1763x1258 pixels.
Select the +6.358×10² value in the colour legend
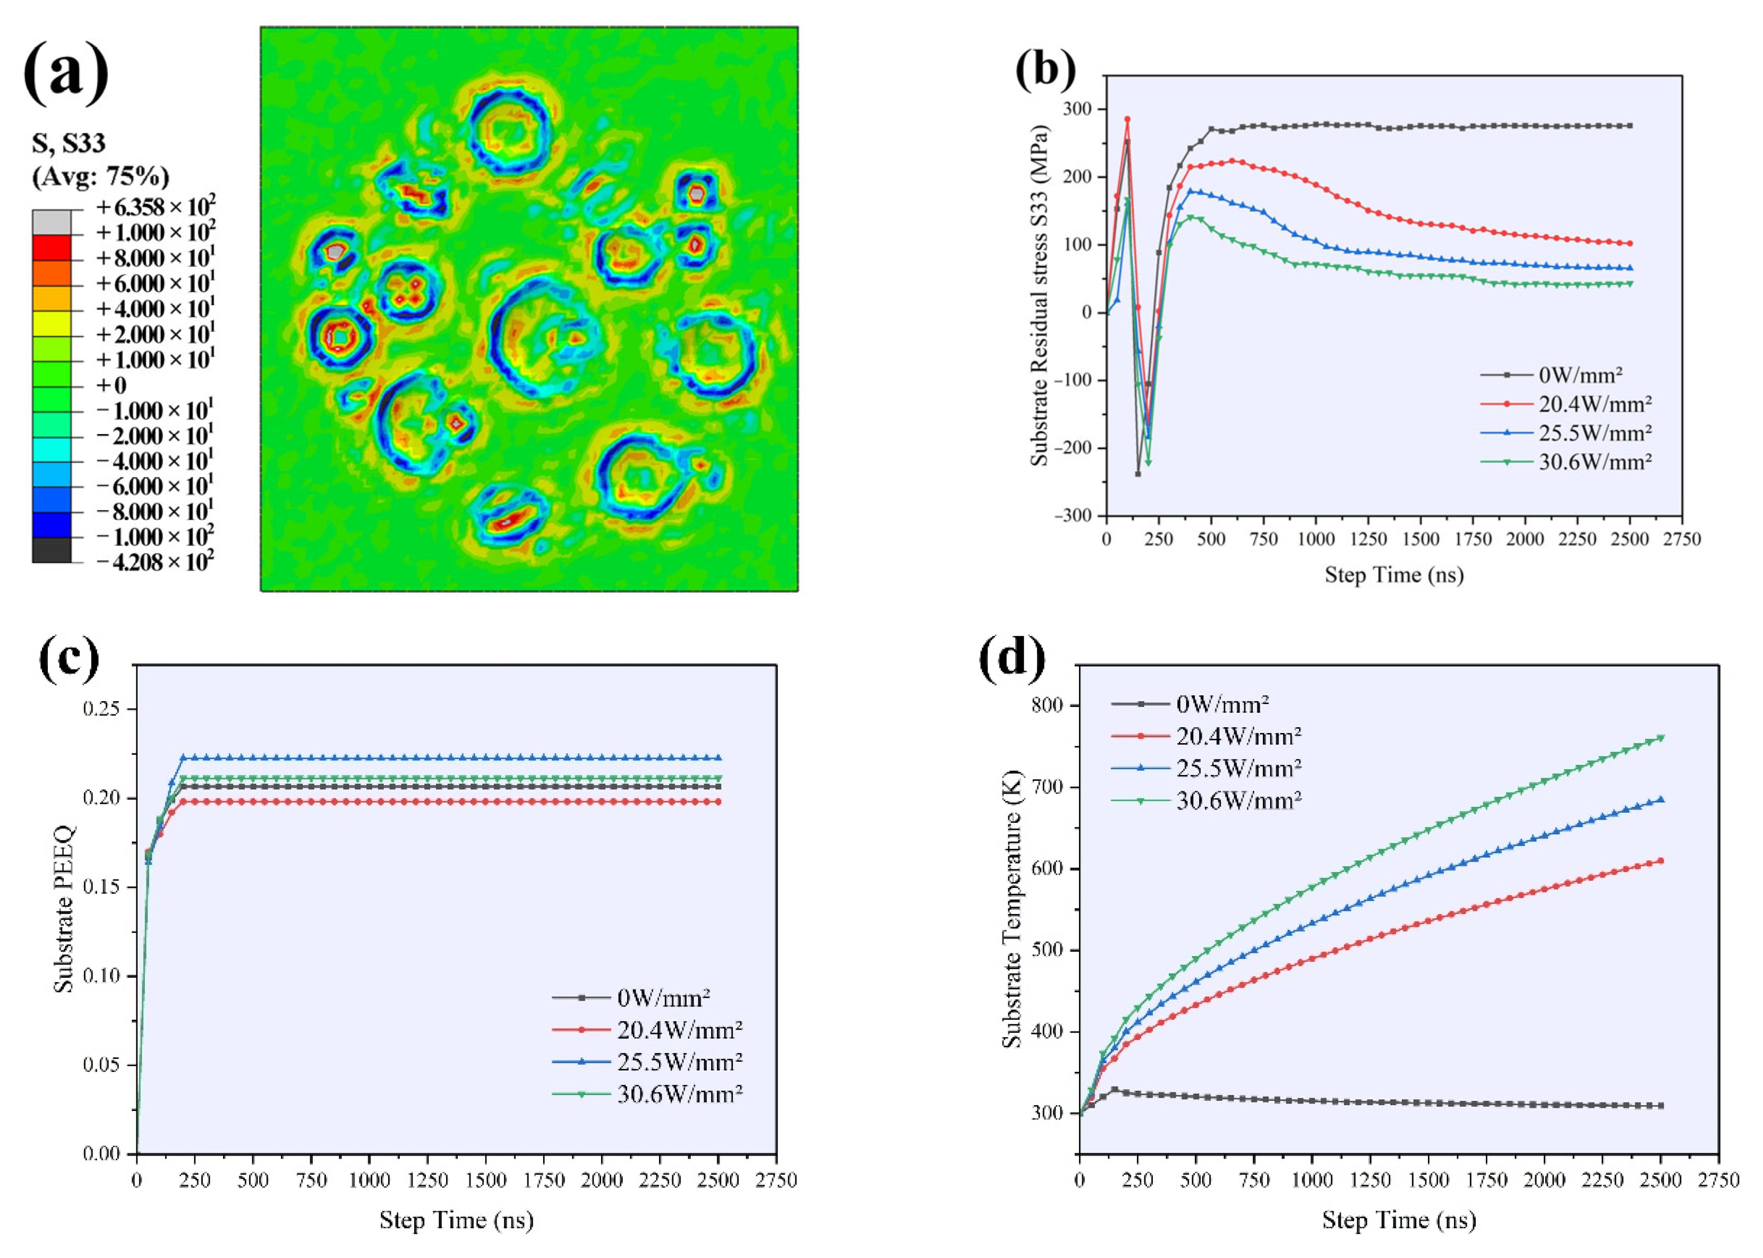[x=155, y=208]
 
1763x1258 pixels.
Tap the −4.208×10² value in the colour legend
[x=155, y=562]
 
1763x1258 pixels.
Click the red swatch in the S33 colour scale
[x=51, y=248]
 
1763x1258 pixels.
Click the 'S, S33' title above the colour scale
[x=68, y=143]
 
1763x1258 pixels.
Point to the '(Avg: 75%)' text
[x=100, y=177]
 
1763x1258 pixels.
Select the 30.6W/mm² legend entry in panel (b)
[x=1595, y=462]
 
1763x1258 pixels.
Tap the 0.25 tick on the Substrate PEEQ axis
[x=103, y=710]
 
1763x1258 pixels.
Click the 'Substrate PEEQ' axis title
[x=64, y=909]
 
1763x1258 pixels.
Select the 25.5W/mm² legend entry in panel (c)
[x=680, y=1061]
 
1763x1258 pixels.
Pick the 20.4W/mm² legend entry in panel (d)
[x=1238, y=736]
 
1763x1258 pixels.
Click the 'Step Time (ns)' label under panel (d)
[x=1399, y=1221]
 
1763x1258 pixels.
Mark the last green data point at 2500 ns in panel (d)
[x=1661, y=737]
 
